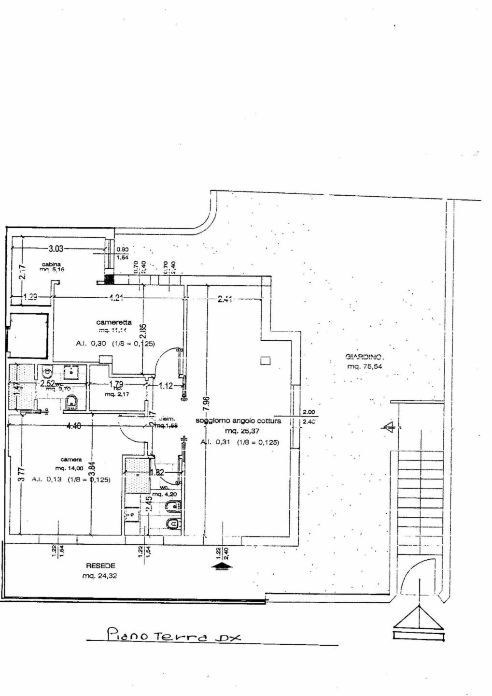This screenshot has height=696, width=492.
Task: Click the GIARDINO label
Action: (x=364, y=357)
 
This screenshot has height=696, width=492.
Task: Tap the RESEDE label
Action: (x=100, y=565)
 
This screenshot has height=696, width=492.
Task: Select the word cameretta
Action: (x=114, y=322)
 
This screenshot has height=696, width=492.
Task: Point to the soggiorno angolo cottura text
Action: (x=238, y=420)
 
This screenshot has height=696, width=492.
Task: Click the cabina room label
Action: (x=51, y=264)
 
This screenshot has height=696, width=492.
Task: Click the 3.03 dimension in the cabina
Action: (x=56, y=249)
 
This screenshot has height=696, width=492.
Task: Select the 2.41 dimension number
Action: (x=225, y=299)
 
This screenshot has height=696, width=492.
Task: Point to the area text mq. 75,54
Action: (x=365, y=367)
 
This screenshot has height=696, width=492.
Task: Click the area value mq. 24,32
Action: (x=99, y=576)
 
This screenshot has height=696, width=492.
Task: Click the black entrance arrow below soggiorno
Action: (x=221, y=565)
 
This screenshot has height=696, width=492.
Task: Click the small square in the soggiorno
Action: (x=265, y=361)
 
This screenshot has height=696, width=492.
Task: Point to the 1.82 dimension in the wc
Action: (x=157, y=472)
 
